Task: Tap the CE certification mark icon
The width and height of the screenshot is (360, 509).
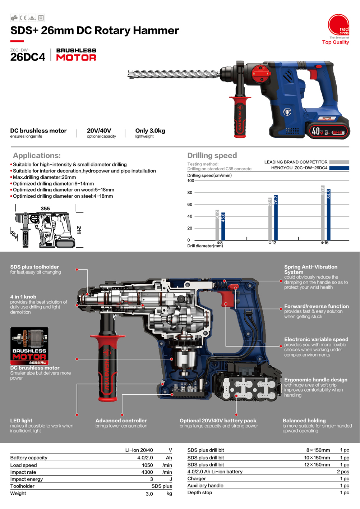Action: [x=23, y=18]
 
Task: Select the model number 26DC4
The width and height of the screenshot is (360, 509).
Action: [x=28, y=57]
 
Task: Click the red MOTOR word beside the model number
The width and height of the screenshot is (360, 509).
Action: [x=76, y=58]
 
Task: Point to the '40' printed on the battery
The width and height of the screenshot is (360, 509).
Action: [x=316, y=131]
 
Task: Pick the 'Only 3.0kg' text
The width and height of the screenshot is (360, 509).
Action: [x=150, y=131]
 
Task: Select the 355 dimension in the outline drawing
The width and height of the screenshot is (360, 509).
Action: [x=45, y=208]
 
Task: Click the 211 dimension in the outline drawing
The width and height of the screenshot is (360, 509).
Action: [x=79, y=230]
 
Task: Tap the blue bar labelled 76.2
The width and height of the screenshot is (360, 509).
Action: [x=276, y=217]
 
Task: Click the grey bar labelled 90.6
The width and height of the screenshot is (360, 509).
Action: [x=323, y=213]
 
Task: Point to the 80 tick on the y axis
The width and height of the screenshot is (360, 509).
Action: [x=190, y=193]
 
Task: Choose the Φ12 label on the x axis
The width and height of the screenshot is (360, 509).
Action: [x=272, y=243]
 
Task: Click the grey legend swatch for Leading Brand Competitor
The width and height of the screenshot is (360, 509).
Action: [x=339, y=162]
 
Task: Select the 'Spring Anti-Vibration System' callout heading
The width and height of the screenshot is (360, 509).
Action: [x=310, y=269]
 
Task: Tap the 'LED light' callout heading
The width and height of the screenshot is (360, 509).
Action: [x=21, y=421]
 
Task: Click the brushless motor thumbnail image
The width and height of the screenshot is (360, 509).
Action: [x=29, y=346]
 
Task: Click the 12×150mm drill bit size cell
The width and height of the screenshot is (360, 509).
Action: [x=317, y=465]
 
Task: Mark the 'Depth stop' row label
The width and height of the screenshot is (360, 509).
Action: [x=200, y=492]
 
